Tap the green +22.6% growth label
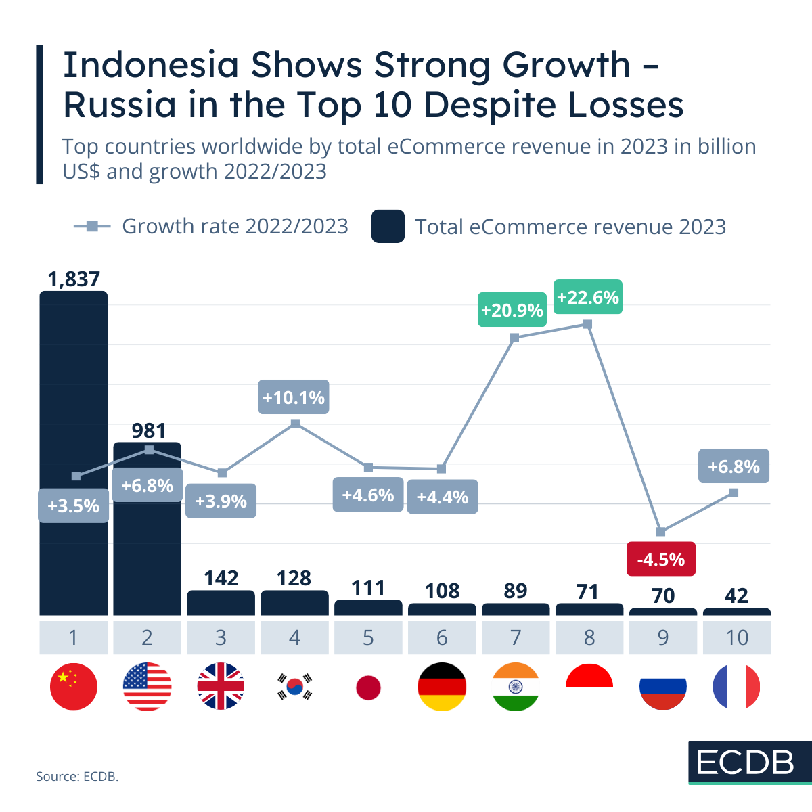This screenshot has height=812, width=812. [x=587, y=297]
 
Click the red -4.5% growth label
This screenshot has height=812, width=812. [x=661, y=559]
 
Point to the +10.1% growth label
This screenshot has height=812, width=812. [x=294, y=397]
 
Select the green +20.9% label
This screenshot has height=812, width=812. [x=512, y=310]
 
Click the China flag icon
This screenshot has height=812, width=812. [x=73, y=686]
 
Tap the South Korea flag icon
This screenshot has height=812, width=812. [x=294, y=686]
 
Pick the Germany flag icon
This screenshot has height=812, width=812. [x=442, y=686]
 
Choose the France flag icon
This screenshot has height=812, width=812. [x=736, y=686]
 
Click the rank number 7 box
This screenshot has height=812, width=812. [x=516, y=637]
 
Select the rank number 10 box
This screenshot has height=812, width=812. [x=737, y=637]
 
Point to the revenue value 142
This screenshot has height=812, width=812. [x=221, y=578]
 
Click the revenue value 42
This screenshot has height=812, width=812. [x=736, y=595]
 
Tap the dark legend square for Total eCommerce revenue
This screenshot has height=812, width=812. [x=388, y=226]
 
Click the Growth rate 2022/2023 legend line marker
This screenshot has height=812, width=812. [x=92, y=226]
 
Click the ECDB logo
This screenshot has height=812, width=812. [x=745, y=763]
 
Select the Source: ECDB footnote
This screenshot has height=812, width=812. [x=77, y=776]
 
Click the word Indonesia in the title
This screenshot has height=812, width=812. [x=151, y=66]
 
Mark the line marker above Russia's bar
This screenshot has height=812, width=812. [x=661, y=532]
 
